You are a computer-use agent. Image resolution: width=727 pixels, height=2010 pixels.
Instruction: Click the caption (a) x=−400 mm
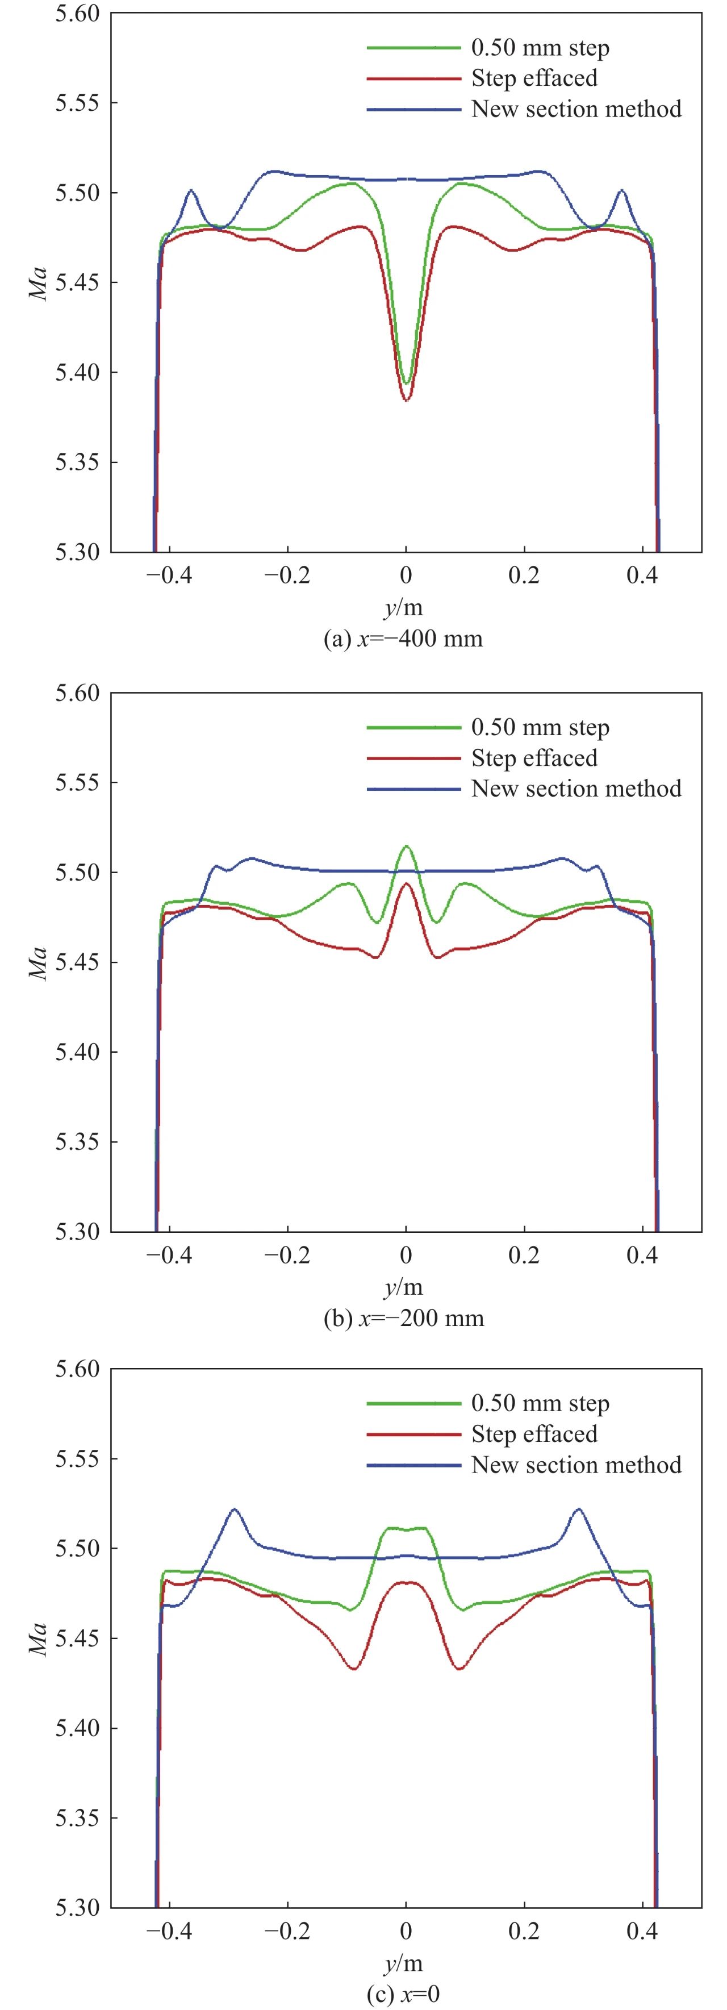click(403, 639)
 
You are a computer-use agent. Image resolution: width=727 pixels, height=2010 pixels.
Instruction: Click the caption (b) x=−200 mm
click(403, 1319)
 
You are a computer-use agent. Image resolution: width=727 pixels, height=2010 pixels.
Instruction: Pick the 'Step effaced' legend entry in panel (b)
click(534, 758)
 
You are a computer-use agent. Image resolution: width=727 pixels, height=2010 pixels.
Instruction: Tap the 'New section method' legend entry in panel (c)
click(576, 1465)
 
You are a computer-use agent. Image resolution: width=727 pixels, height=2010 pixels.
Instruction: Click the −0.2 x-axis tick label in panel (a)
click(287, 576)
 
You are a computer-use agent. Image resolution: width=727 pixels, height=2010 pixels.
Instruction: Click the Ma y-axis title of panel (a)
click(37, 283)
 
